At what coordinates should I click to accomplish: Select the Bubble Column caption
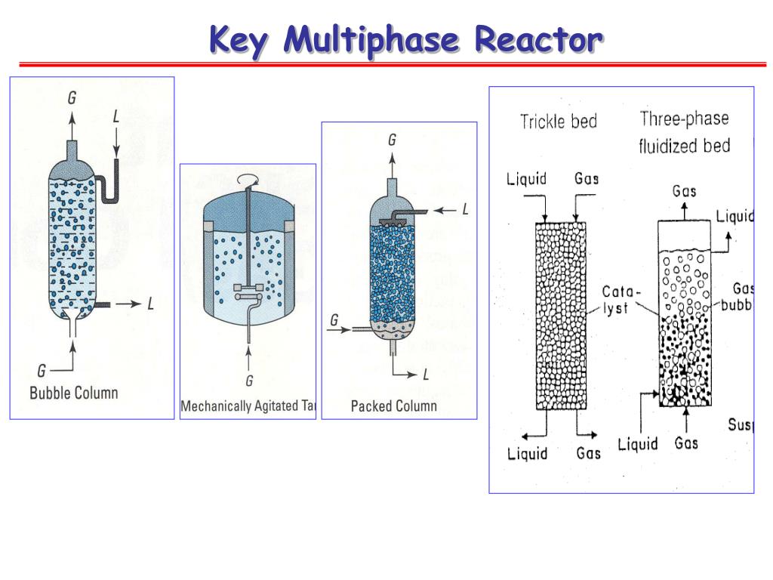click(73, 393)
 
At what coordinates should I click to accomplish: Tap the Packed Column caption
click(393, 406)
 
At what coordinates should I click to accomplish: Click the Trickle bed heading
click(559, 122)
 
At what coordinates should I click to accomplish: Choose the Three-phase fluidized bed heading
click(685, 132)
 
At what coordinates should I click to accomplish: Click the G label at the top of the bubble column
click(72, 98)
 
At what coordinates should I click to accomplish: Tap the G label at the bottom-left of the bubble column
click(42, 370)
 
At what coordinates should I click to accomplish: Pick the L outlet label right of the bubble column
click(150, 304)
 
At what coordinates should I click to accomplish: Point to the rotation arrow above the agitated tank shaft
click(248, 178)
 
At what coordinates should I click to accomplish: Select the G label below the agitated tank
click(248, 380)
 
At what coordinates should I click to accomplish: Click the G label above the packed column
click(392, 140)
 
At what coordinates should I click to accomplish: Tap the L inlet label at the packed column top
click(465, 210)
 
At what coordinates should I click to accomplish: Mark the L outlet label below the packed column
click(425, 374)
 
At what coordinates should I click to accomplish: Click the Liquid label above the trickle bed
click(526, 179)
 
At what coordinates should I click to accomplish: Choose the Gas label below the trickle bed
click(589, 453)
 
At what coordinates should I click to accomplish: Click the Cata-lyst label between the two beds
click(620, 300)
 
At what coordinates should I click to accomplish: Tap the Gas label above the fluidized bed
click(685, 191)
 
